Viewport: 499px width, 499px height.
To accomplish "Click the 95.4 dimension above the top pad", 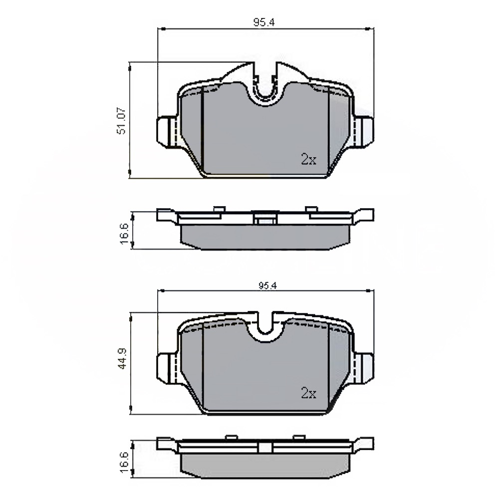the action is coord(264,22).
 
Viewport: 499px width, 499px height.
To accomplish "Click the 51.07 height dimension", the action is coord(122,121).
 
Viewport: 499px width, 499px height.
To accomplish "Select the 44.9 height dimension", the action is coord(122,358).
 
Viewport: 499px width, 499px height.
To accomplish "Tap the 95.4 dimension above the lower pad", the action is coord(267,286).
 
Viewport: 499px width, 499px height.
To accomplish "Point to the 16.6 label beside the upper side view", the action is coord(124,234).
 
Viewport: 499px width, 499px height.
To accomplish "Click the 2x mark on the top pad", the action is coord(308,159).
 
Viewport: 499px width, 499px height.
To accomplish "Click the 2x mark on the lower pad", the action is coord(308,393).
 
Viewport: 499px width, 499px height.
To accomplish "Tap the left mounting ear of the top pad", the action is coord(167,132).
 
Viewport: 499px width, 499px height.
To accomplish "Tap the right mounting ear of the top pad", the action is coord(363,132).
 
